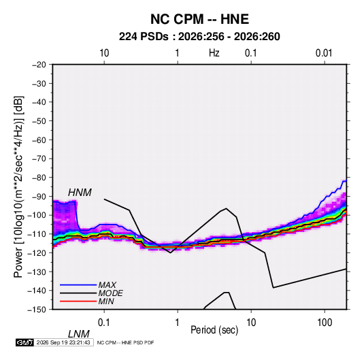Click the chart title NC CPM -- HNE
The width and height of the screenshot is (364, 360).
[199, 19]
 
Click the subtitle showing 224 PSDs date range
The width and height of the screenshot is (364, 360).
[199, 37]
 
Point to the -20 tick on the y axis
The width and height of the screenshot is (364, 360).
[39, 65]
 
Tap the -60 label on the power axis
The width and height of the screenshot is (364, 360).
[39, 140]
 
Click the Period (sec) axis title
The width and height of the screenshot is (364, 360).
[214, 330]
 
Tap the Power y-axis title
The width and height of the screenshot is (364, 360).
[18, 186]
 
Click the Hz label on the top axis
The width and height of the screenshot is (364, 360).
[214, 53]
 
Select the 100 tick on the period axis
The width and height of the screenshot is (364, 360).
[325, 323]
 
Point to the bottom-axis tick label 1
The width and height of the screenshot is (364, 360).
[178, 323]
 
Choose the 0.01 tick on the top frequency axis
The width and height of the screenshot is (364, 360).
[324, 53]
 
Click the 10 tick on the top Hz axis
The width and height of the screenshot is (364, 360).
[104, 53]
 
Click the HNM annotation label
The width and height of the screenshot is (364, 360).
[80, 193]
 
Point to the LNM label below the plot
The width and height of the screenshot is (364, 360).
[78, 334]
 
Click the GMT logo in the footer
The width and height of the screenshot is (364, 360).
[25, 342]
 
